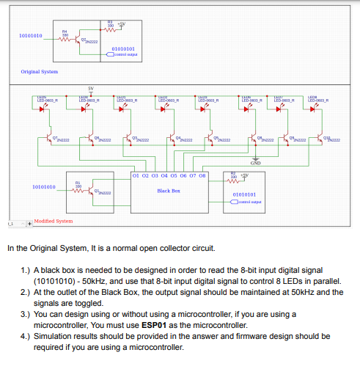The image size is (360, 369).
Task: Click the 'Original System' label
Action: click(x=39, y=71)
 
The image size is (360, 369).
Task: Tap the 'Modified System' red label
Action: click(x=53, y=221)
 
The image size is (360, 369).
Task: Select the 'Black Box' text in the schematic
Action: click(x=169, y=191)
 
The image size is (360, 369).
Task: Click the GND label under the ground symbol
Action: click(x=255, y=163)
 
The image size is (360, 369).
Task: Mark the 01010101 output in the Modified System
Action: click(x=243, y=194)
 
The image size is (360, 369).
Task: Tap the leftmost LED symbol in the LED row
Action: click(x=43, y=111)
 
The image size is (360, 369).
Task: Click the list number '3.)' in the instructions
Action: click(x=26, y=314)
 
